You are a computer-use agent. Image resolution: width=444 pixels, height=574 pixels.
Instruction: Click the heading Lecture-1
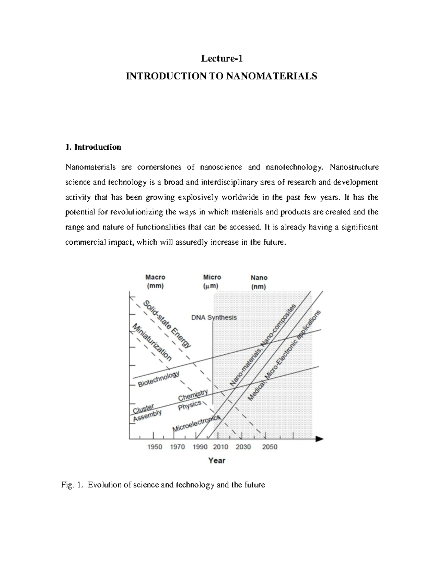pos(222,58)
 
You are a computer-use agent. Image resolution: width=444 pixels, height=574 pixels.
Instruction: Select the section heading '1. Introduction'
pos(93,147)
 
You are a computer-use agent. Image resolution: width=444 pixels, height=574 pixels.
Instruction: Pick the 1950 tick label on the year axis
pos(155,447)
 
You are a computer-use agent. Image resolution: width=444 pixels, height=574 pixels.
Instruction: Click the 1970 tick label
pos(177,447)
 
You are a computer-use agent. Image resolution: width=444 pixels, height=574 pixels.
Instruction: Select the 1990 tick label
pos(200,447)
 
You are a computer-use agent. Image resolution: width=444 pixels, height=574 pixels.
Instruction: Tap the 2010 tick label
pos(221,447)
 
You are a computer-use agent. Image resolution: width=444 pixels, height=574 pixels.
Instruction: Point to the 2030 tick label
pos(243,447)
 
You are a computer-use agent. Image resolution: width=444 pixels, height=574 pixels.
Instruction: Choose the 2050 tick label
pos(269,447)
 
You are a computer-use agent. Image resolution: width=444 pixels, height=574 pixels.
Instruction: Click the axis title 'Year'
pos(217,461)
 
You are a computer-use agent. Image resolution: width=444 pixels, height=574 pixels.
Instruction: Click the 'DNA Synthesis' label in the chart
pos(214,317)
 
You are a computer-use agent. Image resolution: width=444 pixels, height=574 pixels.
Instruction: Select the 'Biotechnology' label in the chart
pos(158,379)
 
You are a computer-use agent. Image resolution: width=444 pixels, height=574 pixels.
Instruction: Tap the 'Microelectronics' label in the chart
pos(196,424)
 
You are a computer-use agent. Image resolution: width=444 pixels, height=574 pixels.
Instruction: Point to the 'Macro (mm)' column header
pos(155,281)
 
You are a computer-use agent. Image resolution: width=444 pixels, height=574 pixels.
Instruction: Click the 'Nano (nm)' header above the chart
pos(259,282)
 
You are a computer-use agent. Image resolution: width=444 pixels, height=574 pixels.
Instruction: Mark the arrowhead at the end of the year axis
pos(320,439)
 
